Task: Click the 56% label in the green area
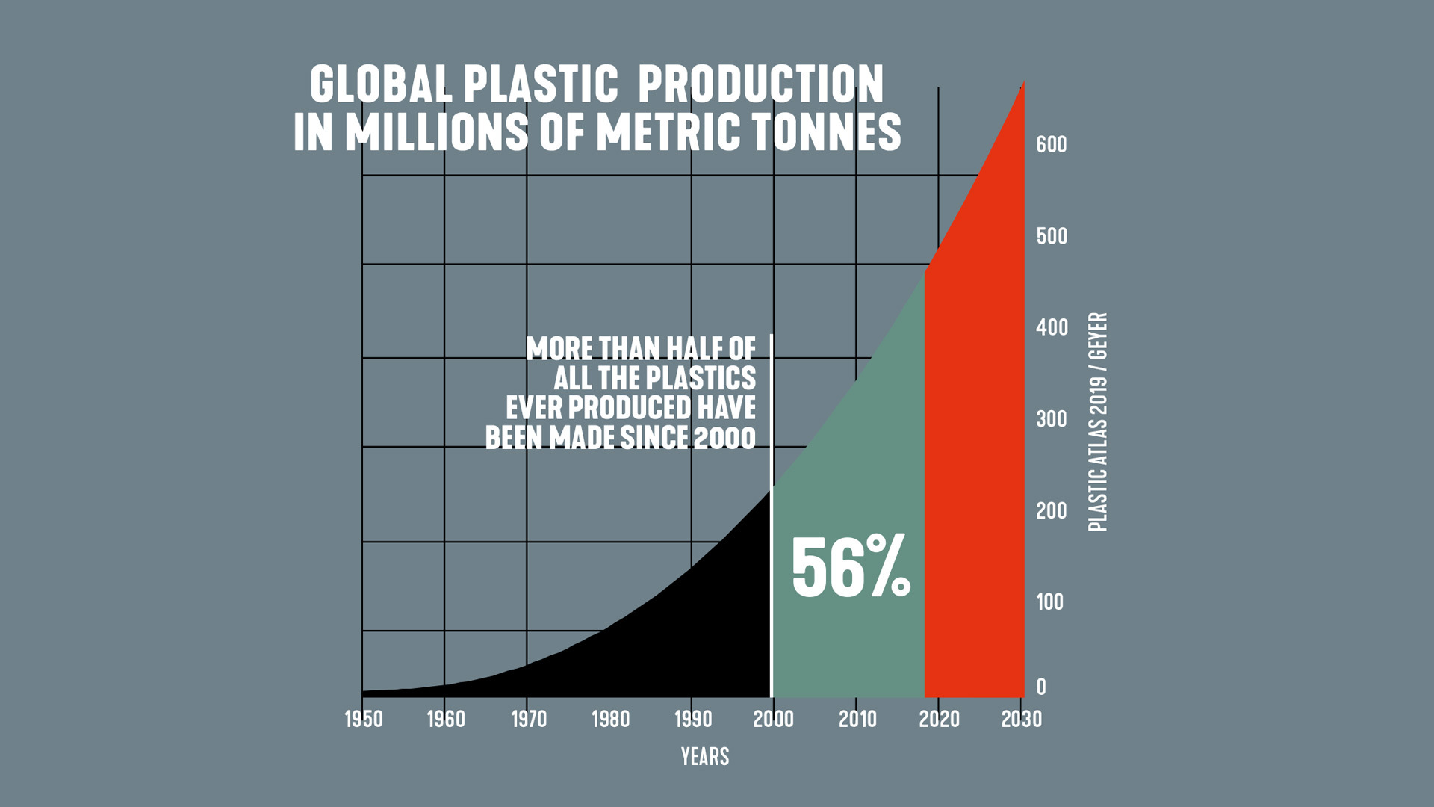(x=851, y=566)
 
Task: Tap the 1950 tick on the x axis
(x=363, y=719)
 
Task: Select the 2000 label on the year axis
(x=773, y=719)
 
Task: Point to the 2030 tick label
(x=1021, y=719)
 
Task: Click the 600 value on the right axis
(x=1051, y=144)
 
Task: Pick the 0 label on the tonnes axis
(x=1041, y=687)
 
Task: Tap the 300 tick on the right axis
(x=1051, y=419)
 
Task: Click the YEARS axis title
(x=704, y=756)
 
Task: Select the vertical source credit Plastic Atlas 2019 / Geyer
(x=1097, y=422)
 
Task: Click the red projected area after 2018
(x=974, y=486)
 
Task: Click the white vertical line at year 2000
(x=771, y=523)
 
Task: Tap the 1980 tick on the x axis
(x=610, y=719)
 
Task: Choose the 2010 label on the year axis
(x=857, y=719)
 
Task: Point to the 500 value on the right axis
(x=1051, y=236)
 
